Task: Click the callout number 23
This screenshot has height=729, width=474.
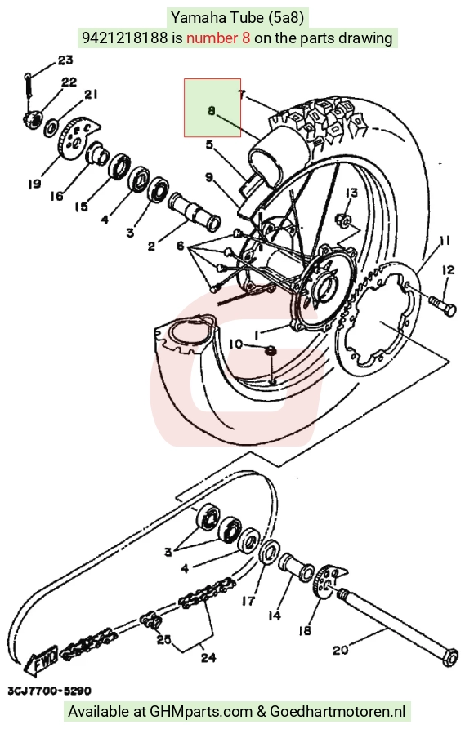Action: click(65, 60)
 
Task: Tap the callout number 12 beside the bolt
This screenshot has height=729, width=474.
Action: click(448, 269)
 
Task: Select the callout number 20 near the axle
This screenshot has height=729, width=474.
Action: click(340, 649)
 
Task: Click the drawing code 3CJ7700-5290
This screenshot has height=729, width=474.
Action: click(49, 691)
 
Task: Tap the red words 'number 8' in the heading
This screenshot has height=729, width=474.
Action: click(218, 38)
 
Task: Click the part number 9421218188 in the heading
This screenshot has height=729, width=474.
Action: click(124, 38)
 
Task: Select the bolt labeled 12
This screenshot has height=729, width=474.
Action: click(441, 305)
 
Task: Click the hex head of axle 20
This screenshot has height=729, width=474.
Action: click(450, 656)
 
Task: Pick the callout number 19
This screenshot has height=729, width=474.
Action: click(34, 184)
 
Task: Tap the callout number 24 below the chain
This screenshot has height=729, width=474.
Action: click(208, 657)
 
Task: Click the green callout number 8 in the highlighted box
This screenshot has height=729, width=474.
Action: click(212, 111)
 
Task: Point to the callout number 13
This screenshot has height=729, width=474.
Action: click(351, 193)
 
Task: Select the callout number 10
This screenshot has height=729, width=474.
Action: click(235, 344)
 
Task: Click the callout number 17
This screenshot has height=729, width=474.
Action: click(248, 601)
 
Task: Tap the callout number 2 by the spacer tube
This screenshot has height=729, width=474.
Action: click(151, 246)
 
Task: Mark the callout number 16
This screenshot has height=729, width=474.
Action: click(56, 197)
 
